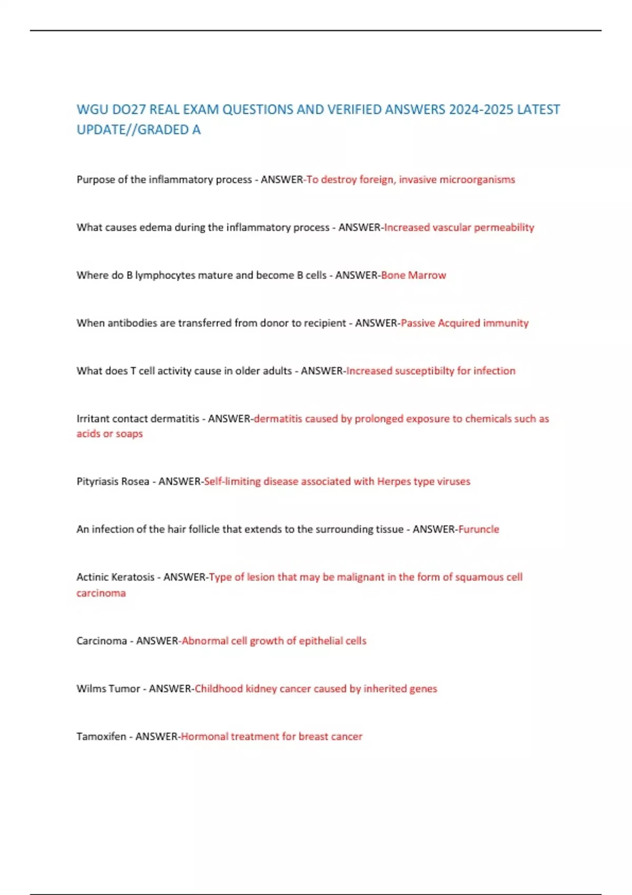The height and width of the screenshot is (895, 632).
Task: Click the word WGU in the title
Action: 92,110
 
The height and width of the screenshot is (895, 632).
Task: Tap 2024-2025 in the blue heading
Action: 480,110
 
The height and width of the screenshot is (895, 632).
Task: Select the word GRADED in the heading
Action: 162,130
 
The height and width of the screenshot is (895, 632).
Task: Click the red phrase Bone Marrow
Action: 413,275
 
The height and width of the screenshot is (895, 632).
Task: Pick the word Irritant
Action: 93,419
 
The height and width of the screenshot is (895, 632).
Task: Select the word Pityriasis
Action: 97,482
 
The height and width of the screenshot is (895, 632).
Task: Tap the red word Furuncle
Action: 478,530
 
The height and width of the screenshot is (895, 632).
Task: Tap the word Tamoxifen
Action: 101,737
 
